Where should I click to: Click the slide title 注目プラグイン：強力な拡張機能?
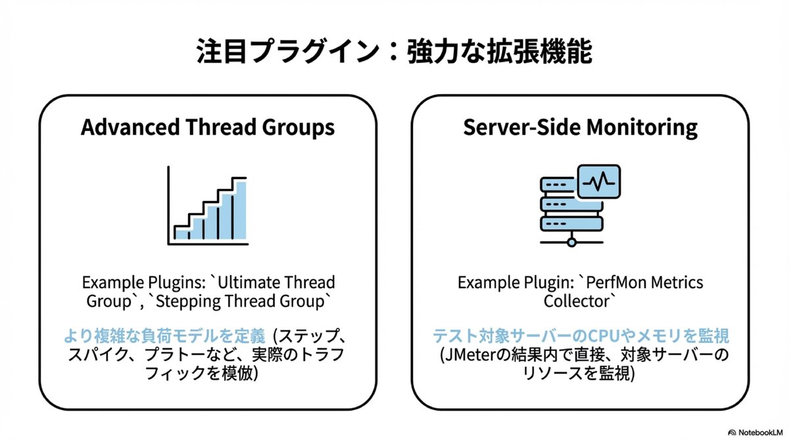coord(394,53)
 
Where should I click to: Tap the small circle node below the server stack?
coord(571,243)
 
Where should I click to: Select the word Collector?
coord(580,301)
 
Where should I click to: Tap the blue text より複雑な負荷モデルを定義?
coord(164,337)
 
